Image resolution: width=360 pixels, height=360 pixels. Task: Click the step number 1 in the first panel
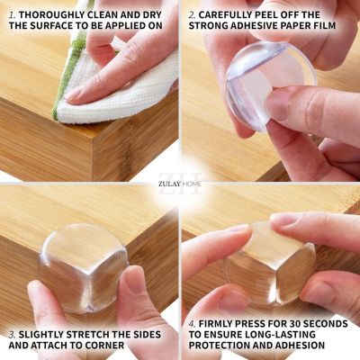[12, 14]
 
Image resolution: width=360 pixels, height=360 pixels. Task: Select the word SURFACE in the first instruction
[50, 25]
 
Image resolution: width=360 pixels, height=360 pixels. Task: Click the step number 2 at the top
[192, 14]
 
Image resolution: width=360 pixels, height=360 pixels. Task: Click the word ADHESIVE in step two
[251, 25]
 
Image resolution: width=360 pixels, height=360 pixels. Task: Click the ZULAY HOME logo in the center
[180, 184]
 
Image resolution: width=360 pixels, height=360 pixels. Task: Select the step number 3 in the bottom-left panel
[12, 334]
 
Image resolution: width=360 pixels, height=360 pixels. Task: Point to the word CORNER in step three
[104, 345]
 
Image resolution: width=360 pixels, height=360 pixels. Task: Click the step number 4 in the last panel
[192, 324]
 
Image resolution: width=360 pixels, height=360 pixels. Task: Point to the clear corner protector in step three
[84, 267]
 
